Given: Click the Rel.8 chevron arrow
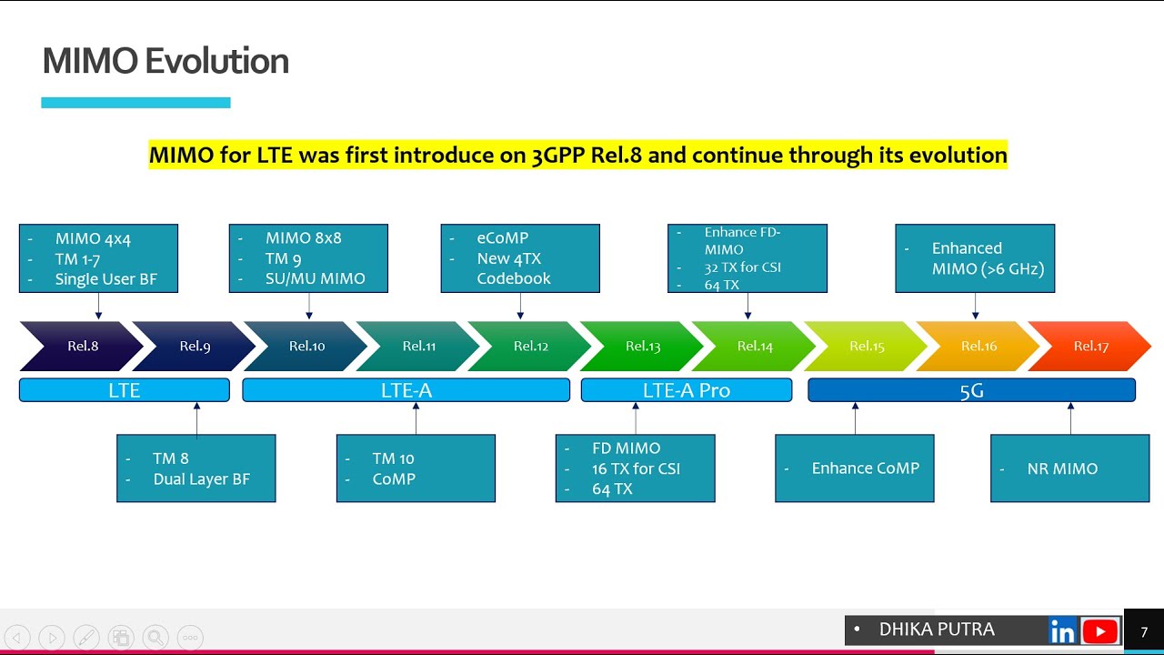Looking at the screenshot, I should pyautogui.click(x=82, y=346).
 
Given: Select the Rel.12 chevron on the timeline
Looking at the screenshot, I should pyautogui.click(x=530, y=346).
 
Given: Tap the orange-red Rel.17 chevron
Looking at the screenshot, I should pyautogui.click(x=1090, y=346).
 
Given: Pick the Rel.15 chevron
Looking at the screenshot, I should pyautogui.click(x=867, y=346).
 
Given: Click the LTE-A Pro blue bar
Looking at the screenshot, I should pyautogui.click(x=686, y=390).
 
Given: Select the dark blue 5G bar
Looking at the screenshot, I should pyautogui.click(x=971, y=390).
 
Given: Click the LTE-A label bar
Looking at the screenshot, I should pyautogui.click(x=406, y=390).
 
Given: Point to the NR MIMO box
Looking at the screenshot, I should pyautogui.click(x=1069, y=469).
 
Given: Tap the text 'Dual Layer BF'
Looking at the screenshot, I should pyautogui.click(x=201, y=479).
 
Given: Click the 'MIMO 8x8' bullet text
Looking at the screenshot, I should pyautogui.click(x=303, y=238).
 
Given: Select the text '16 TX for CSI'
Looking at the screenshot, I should pyautogui.click(x=636, y=469).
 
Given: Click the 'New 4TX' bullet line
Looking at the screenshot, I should pyautogui.click(x=508, y=258).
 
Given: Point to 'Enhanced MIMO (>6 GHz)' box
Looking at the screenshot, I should pyautogui.click(x=975, y=258).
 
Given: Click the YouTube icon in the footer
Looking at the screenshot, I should pyautogui.click(x=1100, y=630).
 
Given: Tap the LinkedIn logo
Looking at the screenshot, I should pyautogui.click(x=1061, y=630).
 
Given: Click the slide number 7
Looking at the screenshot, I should pyautogui.click(x=1144, y=632).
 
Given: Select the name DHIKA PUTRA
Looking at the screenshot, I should pyautogui.click(x=936, y=630).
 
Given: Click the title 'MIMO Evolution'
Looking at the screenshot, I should pyautogui.click(x=166, y=61).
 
